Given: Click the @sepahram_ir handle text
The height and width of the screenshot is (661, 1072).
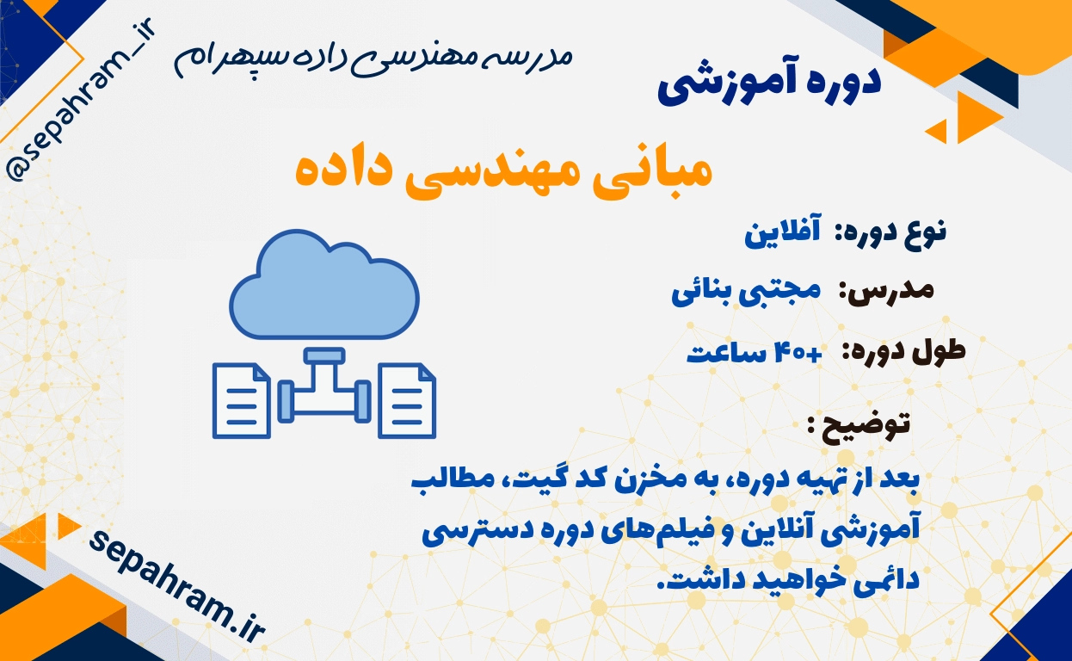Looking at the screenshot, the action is pos(80,100).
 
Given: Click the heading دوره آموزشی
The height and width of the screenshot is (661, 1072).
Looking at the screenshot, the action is pos(769,84).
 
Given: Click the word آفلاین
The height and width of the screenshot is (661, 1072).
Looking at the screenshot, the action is pos(782,233).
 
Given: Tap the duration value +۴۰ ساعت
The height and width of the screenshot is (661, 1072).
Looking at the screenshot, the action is pos(755,354).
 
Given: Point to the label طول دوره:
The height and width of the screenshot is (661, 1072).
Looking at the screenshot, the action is pos(903,352).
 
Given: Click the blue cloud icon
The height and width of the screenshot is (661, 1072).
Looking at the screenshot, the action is pos(324,284).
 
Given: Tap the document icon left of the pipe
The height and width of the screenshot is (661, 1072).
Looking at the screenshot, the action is pos(241,401).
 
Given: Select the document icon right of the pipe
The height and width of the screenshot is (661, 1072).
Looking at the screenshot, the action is pos(407,401).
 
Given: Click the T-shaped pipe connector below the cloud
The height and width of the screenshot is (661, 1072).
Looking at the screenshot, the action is pos(324,386).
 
